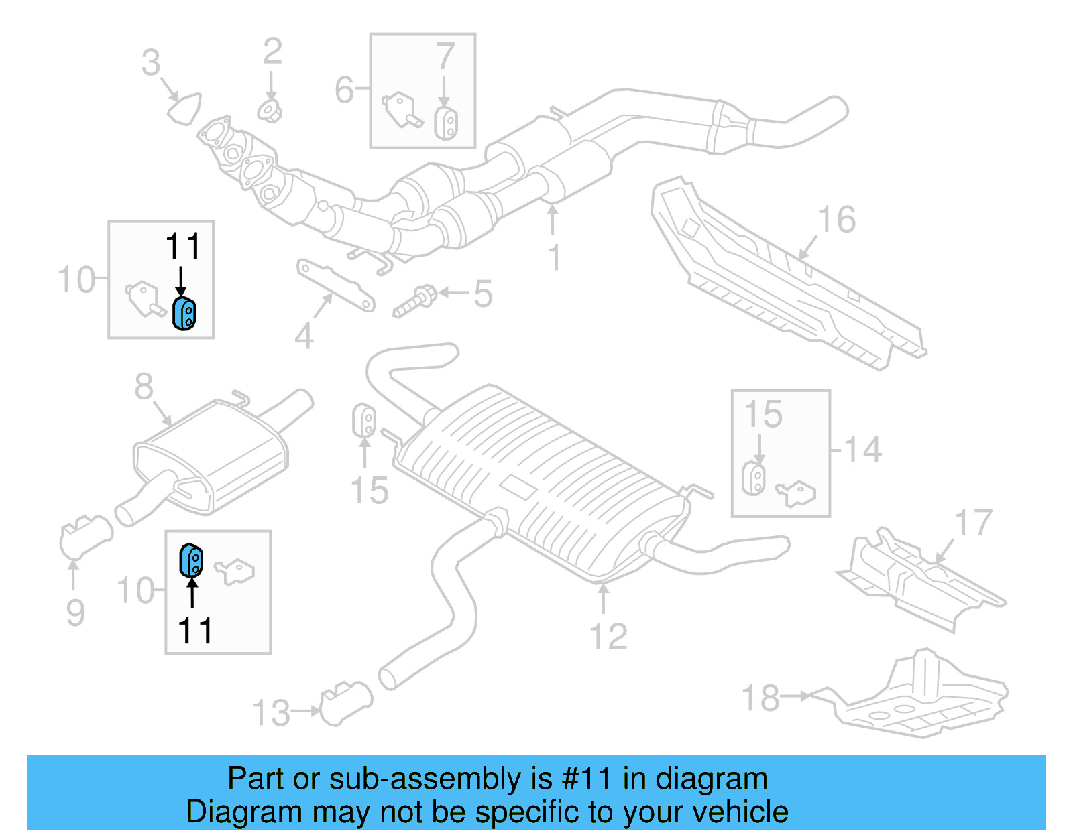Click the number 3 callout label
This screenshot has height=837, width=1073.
pos(151,63)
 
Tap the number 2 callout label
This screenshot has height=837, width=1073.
pos(272,52)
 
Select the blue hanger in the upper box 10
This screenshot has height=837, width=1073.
pos(184,314)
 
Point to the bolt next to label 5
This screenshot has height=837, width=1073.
pos(414,302)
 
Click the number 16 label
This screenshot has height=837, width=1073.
pos(836,220)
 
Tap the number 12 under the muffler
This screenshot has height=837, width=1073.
pos(608,637)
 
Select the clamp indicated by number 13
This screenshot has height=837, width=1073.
pos(346,703)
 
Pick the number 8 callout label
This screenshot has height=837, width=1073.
pos(144,387)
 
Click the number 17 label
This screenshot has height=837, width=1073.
pos(972,523)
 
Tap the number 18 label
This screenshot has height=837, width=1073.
pos(760,698)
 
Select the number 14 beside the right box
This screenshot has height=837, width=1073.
pos(862,450)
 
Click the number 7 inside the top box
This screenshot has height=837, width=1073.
pos(445,56)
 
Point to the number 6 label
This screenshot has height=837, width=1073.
pos(344,89)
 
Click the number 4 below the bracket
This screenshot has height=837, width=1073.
pos(304,336)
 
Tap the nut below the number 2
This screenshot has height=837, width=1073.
pos(270,111)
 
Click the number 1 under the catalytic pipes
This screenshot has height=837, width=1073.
pos(553,257)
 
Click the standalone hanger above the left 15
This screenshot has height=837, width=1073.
pos(364,420)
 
